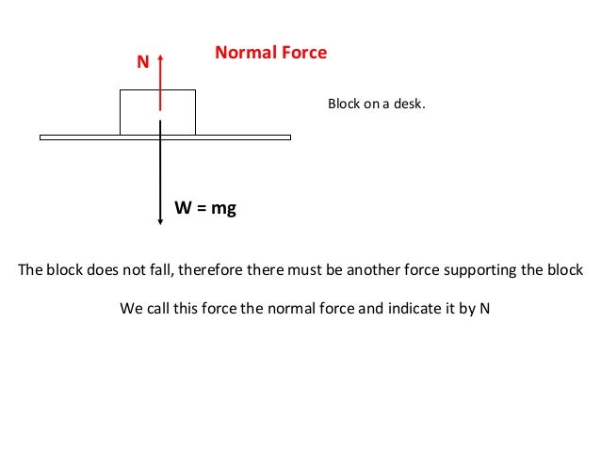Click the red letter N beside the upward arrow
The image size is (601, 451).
click(143, 62)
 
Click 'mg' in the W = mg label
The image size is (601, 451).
click(223, 208)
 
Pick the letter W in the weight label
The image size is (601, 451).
click(184, 208)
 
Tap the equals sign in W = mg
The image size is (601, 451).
click(202, 208)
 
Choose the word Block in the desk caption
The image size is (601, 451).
click(344, 104)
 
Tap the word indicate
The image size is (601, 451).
click(422, 308)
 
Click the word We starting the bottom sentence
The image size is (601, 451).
click(131, 308)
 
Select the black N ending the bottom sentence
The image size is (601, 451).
click(485, 308)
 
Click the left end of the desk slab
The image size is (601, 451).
click(42, 137)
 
